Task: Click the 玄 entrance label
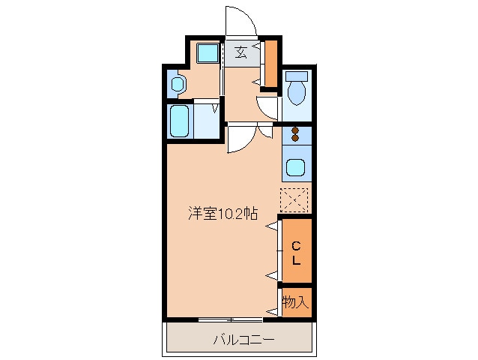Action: coord(240,52)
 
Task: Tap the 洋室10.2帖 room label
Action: coord(223,214)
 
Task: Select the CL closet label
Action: coord(296,253)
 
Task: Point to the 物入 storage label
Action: coord(295,302)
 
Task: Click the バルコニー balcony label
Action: coord(244,340)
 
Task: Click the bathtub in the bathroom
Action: coord(179,121)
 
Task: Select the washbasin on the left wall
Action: coord(178,84)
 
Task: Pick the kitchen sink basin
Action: coord(295,167)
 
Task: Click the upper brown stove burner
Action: coord(294,130)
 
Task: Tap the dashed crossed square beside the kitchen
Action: coord(294,200)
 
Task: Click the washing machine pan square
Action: coord(208,53)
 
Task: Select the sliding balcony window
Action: coord(231,319)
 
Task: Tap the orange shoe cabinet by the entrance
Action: coord(271,64)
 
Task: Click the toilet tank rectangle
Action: coord(297,76)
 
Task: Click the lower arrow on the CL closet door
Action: coord(272,276)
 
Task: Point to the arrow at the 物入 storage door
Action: coord(272,312)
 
